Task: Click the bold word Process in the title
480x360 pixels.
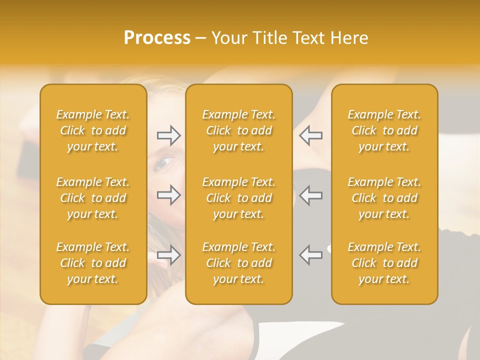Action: tap(157, 38)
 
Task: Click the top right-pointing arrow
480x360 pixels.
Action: tap(169, 135)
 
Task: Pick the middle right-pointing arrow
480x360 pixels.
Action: tap(169, 195)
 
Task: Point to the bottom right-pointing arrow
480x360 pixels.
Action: tap(169, 255)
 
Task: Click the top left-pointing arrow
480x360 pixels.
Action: tap(310, 135)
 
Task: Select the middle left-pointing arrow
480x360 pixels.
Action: tap(310, 195)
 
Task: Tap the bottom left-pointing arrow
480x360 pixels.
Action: tap(310, 255)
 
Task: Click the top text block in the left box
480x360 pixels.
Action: tap(93, 130)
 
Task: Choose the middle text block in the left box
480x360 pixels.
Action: tap(93, 198)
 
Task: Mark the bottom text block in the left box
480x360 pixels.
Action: tap(93, 263)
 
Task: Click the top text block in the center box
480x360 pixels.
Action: tap(239, 130)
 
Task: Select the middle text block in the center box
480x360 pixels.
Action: tap(239, 198)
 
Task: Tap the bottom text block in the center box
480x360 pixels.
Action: tap(239, 263)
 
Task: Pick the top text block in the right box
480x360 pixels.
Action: tap(384, 130)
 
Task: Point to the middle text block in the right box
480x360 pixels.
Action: tap(384, 198)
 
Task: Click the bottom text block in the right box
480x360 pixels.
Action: tap(384, 263)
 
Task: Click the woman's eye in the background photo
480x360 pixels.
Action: tap(165, 162)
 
